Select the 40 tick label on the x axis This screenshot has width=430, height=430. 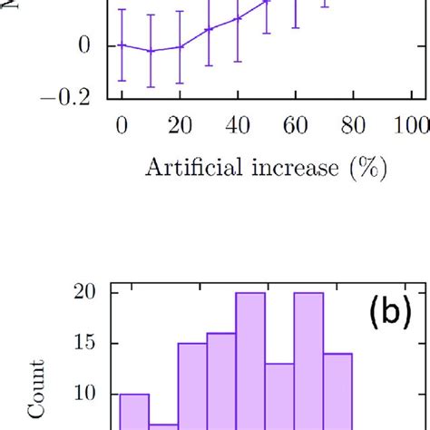tap(238, 126)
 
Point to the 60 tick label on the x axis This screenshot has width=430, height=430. tap(295, 126)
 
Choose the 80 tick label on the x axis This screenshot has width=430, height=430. tap(353, 126)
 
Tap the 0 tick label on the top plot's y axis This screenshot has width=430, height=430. tap(85, 44)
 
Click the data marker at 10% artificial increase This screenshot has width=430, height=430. tap(151, 51)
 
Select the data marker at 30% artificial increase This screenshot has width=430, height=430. tap(209, 29)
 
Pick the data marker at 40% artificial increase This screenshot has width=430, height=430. tap(238, 18)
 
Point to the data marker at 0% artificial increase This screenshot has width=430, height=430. tap(122, 44)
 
